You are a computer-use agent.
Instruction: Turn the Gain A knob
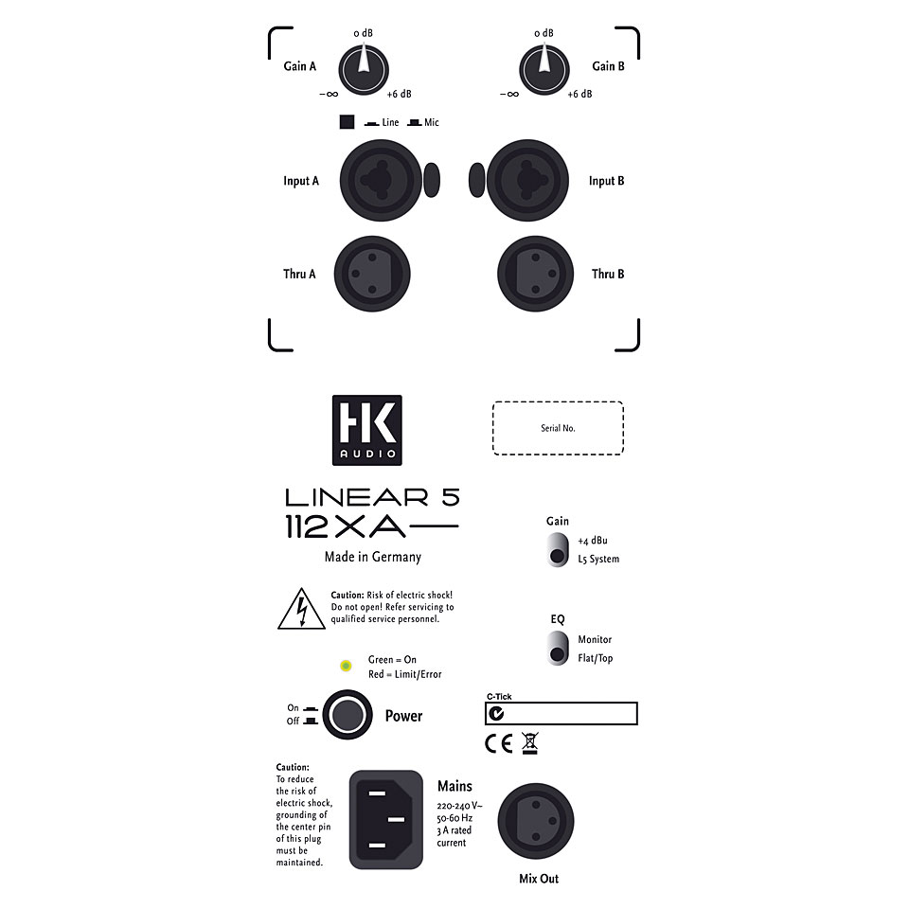click(x=364, y=70)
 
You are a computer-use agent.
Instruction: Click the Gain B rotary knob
click(x=544, y=70)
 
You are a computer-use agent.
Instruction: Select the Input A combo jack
click(x=381, y=180)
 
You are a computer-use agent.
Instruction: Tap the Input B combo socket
click(x=528, y=180)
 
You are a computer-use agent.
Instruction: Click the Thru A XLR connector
click(x=372, y=274)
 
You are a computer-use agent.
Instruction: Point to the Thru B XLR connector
click(x=536, y=274)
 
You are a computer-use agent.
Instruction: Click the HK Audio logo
click(x=367, y=430)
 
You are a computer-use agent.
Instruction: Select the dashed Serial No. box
click(x=558, y=428)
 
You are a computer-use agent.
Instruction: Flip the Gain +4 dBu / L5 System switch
click(x=558, y=549)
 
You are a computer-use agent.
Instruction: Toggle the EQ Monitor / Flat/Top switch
click(x=558, y=648)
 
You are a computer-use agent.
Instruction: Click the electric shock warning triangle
click(x=301, y=609)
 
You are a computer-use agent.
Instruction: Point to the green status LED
click(x=347, y=666)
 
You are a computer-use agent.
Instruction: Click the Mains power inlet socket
click(x=386, y=819)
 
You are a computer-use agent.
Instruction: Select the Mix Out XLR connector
click(x=536, y=822)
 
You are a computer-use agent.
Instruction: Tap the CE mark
click(x=499, y=743)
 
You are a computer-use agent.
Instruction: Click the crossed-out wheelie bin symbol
click(x=530, y=742)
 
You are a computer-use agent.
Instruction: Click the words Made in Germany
click(x=373, y=557)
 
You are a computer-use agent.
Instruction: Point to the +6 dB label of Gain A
click(x=399, y=94)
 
